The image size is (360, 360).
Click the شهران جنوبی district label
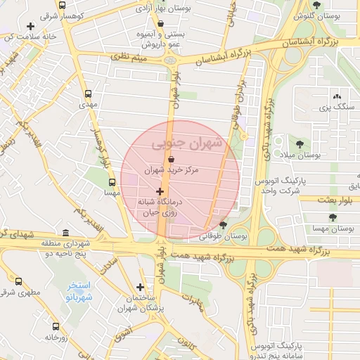[x=186, y=143]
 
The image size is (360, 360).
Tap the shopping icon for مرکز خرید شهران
[x=172, y=160]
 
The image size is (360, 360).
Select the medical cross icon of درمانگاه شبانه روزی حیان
[x=160, y=191]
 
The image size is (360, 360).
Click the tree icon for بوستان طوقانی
[x=223, y=226]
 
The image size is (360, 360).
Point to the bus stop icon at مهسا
[x=111, y=182]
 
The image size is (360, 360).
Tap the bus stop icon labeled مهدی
[x=88, y=94]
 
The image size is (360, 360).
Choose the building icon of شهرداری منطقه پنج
[x=65, y=233]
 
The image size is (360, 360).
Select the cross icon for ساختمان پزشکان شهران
[x=141, y=287]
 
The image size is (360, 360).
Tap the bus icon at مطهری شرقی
[x=19, y=281]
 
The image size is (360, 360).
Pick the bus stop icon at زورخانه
[x=56, y=326]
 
